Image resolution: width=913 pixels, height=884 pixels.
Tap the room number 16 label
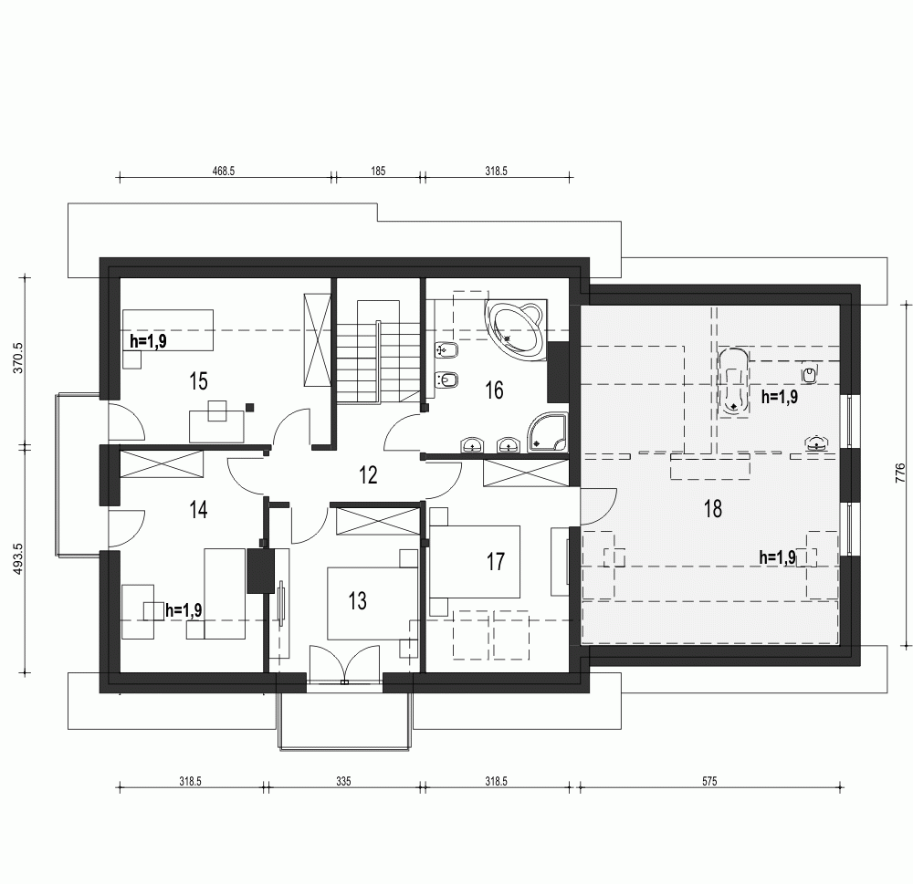tap(494, 390)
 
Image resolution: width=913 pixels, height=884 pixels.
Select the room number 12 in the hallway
tap(368, 474)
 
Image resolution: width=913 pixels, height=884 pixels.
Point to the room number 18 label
tap(712, 509)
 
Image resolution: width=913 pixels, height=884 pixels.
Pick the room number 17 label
tap(495, 561)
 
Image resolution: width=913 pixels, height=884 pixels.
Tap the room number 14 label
tap(198, 509)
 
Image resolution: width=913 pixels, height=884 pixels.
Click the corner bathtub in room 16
tap(517, 328)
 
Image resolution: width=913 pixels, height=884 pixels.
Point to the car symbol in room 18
tap(733, 380)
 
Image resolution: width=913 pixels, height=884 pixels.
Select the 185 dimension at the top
tap(378, 170)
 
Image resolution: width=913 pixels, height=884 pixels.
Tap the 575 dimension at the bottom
tap(710, 781)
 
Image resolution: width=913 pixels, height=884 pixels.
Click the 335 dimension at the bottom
tap(343, 781)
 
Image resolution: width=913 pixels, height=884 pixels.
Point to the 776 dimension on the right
tap(900, 472)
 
